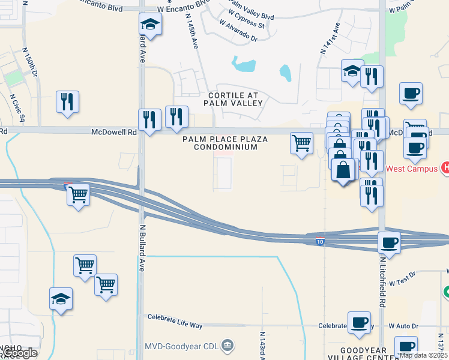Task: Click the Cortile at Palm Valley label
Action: (235, 99)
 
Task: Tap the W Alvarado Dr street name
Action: (238, 32)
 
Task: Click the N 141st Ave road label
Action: (330, 39)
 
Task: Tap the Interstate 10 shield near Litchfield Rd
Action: (322, 241)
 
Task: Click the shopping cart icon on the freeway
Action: (79, 194)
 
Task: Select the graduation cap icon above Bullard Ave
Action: (149, 25)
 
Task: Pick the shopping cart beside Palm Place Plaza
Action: (301, 143)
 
